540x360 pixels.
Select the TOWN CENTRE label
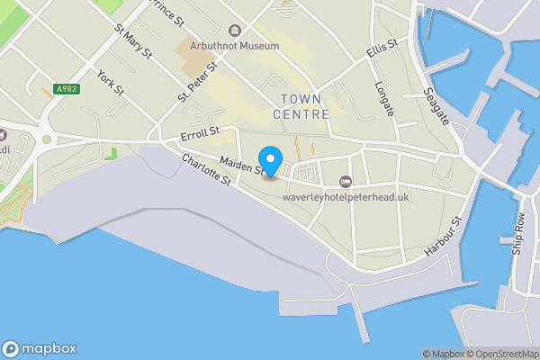pos(300,106)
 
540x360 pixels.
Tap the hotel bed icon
pos(346,183)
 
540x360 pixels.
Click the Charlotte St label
pos(207,170)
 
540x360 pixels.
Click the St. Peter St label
pos(198,82)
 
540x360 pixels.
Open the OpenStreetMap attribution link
pos(500,354)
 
